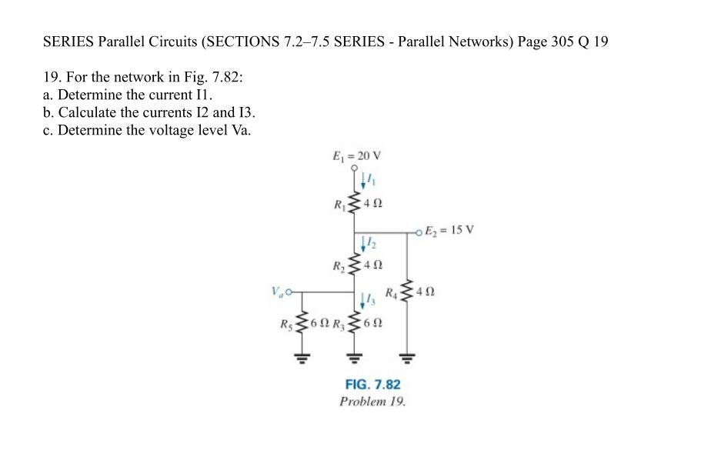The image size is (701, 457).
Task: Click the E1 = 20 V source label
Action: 356,155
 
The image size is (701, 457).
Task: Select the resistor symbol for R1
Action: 355,205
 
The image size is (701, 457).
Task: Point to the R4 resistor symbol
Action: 407,292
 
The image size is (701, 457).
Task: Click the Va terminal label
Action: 276,292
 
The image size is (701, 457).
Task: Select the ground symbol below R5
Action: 301,356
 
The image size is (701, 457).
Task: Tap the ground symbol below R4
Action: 407,356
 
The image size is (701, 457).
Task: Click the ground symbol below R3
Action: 355,356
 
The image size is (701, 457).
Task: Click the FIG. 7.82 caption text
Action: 372,384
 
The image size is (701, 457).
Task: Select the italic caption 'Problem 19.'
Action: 372,402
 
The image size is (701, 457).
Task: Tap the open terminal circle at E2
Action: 419,230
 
